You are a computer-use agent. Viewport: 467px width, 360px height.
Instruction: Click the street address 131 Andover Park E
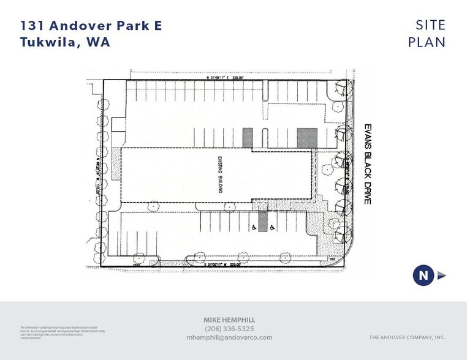[x=91, y=26]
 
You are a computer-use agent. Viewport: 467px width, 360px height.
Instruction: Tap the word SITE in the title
[x=430, y=26]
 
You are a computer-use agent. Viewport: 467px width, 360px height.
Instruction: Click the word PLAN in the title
[x=427, y=42]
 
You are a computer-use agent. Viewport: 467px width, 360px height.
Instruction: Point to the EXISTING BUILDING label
[x=219, y=175]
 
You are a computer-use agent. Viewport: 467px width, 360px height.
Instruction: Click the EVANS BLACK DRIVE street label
[x=368, y=162]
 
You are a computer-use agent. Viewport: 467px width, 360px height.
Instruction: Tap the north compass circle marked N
[x=423, y=276]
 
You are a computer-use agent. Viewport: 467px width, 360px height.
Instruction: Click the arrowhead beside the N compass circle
[x=441, y=276]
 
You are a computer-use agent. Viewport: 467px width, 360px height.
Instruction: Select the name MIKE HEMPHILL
[x=230, y=320]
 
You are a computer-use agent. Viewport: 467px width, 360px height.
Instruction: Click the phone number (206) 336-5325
[x=230, y=329]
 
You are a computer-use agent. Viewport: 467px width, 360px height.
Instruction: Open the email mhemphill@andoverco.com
[x=230, y=337]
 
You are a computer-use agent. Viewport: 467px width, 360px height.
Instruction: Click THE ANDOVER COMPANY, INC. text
[x=407, y=337]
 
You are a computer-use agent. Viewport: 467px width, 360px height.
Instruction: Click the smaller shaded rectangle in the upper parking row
[x=248, y=137]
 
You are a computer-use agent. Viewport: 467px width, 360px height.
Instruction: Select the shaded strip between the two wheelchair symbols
[x=262, y=220]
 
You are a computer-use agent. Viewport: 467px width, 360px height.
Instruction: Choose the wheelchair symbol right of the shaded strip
[x=272, y=228]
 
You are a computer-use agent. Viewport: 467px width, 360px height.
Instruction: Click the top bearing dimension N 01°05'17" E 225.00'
[x=224, y=78]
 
